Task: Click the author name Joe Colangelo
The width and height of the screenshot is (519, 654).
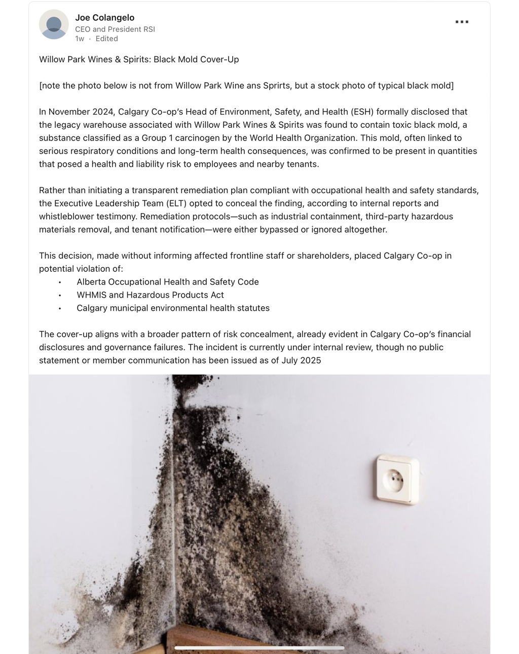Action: coord(104,18)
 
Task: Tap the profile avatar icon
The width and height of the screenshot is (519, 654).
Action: coord(54,24)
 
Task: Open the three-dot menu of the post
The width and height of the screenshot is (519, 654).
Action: coord(462,22)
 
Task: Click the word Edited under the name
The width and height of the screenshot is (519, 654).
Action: coord(106,39)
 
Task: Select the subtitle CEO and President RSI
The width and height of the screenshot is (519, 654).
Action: coord(115,29)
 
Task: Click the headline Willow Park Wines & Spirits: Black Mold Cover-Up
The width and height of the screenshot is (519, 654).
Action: coord(139,59)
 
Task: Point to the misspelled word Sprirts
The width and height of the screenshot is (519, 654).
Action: coord(276,86)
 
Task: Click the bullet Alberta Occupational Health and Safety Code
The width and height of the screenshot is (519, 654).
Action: coord(167,282)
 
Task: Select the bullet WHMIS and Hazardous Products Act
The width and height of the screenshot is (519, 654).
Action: coord(150,295)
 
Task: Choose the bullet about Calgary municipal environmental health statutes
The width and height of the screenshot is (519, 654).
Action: coord(173,308)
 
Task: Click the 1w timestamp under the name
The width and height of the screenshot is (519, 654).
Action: coord(80,39)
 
